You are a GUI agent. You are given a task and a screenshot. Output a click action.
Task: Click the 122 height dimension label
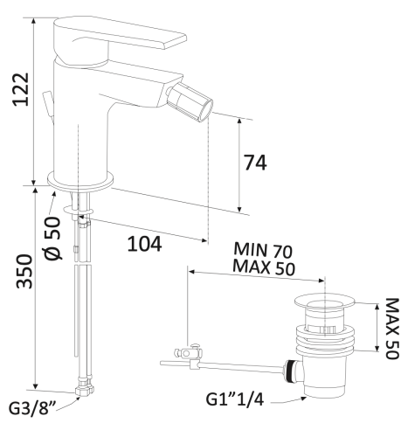pyautogui.click(x=20, y=89)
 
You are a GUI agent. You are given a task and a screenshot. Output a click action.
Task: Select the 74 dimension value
pyautogui.click(x=255, y=163)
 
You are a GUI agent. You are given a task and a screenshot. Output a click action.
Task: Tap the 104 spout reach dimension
pyautogui.click(x=145, y=244)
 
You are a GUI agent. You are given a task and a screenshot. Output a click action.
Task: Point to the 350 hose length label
pyautogui.click(x=24, y=272)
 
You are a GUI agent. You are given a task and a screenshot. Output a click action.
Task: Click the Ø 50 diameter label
pyautogui.click(x=53, y=238)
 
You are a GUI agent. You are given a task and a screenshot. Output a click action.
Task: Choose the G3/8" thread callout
pyautogui.click(x=32, y=408)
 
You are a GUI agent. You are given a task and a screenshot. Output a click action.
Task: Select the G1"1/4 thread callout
pyautogui.click(x=235, y=399)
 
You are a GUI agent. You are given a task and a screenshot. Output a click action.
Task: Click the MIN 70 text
pyautogui.click(x=263, y=250)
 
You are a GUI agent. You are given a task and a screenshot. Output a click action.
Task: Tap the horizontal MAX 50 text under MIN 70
pyautogui.click(x=264, y=267)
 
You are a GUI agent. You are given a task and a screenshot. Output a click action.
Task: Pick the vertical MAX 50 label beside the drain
pyautogui.click(x=392, y=329)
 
